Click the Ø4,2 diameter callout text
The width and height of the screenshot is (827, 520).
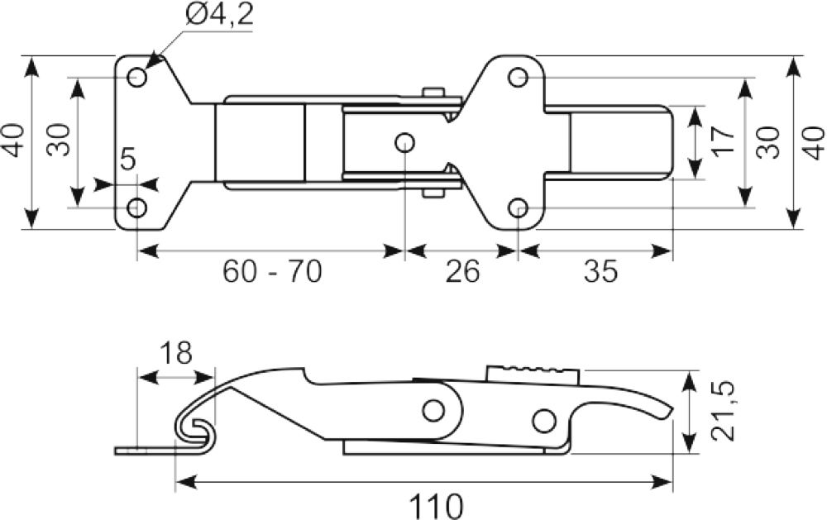point(219,15)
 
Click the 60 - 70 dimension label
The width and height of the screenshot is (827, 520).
point(271,272)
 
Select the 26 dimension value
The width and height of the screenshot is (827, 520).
point(462,272)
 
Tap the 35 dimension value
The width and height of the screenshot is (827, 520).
point(600,272)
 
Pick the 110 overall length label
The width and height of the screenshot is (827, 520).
point(436,506)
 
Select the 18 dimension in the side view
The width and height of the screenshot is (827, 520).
point(175,353)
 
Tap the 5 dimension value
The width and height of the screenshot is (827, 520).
point(128,159)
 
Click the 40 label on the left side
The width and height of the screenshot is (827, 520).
point(14,141)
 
